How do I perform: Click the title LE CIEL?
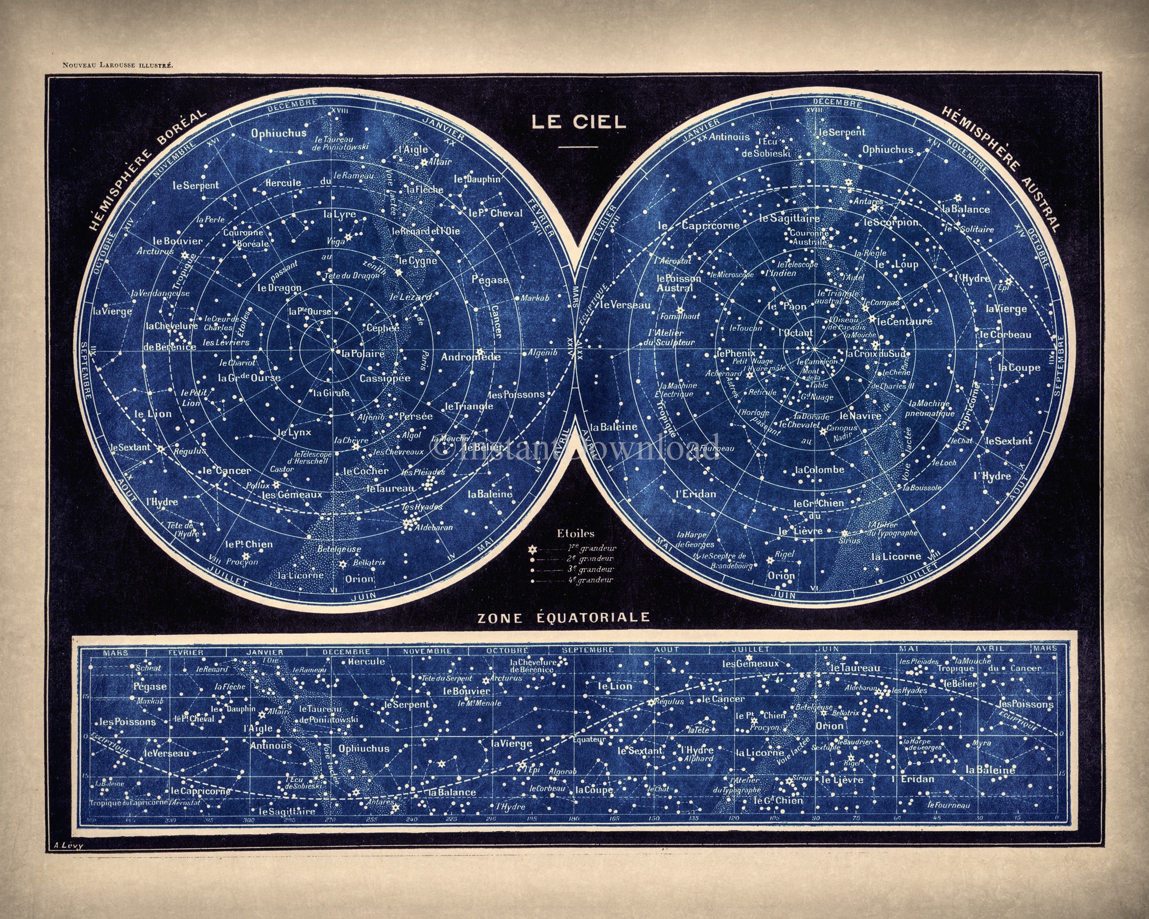point(578,122)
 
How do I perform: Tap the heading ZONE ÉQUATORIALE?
point(563,617)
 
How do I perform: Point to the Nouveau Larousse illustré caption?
point(117,65)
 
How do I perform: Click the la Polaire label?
point(364,353)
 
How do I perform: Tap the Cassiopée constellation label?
point(385,378)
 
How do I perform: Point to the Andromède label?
point(470,357)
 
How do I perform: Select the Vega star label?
point(336,241)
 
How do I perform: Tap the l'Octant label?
point(796,332)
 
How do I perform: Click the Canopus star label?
point(842,428)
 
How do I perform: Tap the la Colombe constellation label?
point(820,470)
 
